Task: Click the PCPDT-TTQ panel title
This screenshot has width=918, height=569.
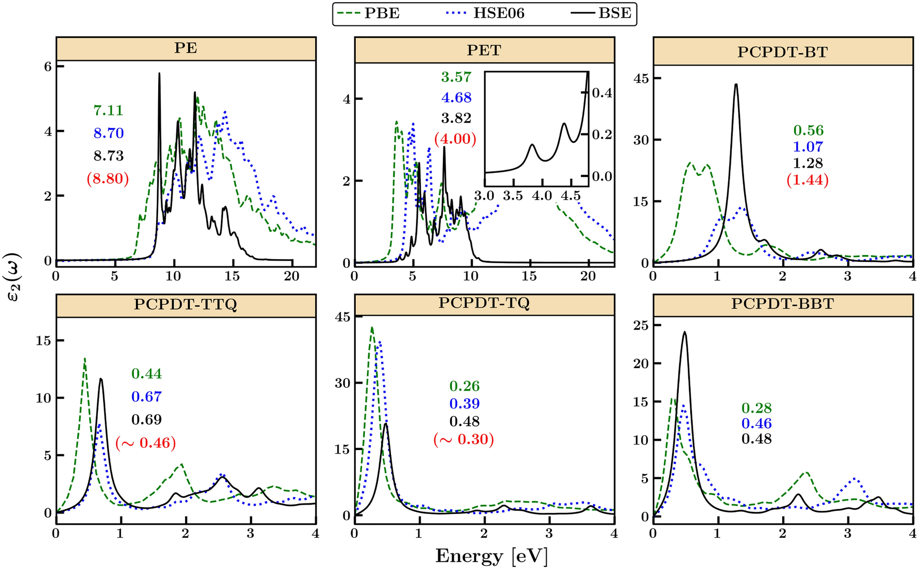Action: (x=186, y=304)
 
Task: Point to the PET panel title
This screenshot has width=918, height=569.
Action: (x=484, y=50)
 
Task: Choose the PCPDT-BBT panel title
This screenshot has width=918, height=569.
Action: (x=782, y=304)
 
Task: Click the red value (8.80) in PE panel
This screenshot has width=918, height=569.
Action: (x=108, y=179)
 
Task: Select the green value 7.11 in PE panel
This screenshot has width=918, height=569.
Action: (x=108, y=111)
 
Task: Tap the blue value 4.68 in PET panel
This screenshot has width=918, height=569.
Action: (x=456, y=98)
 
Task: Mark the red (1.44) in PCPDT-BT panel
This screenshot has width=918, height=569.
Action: (x=808, y=180)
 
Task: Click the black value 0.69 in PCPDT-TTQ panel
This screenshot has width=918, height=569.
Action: (x=146, y=419)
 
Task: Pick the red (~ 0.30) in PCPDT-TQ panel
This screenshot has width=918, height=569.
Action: (x=464, y=440)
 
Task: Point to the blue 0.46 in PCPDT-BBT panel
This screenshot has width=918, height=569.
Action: (x=756, y=424)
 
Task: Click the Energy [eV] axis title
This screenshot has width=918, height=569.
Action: (x=491, y=556)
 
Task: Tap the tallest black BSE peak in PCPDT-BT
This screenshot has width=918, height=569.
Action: (x=735, y=85)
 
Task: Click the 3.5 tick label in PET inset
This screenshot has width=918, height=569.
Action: (x=512, y=196)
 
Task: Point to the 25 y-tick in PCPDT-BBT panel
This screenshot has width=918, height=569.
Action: (x=641, y=326)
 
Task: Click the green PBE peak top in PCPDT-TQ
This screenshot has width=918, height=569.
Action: (x=371, y=328)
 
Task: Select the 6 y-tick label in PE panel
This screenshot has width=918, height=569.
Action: (x=48, y=66)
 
